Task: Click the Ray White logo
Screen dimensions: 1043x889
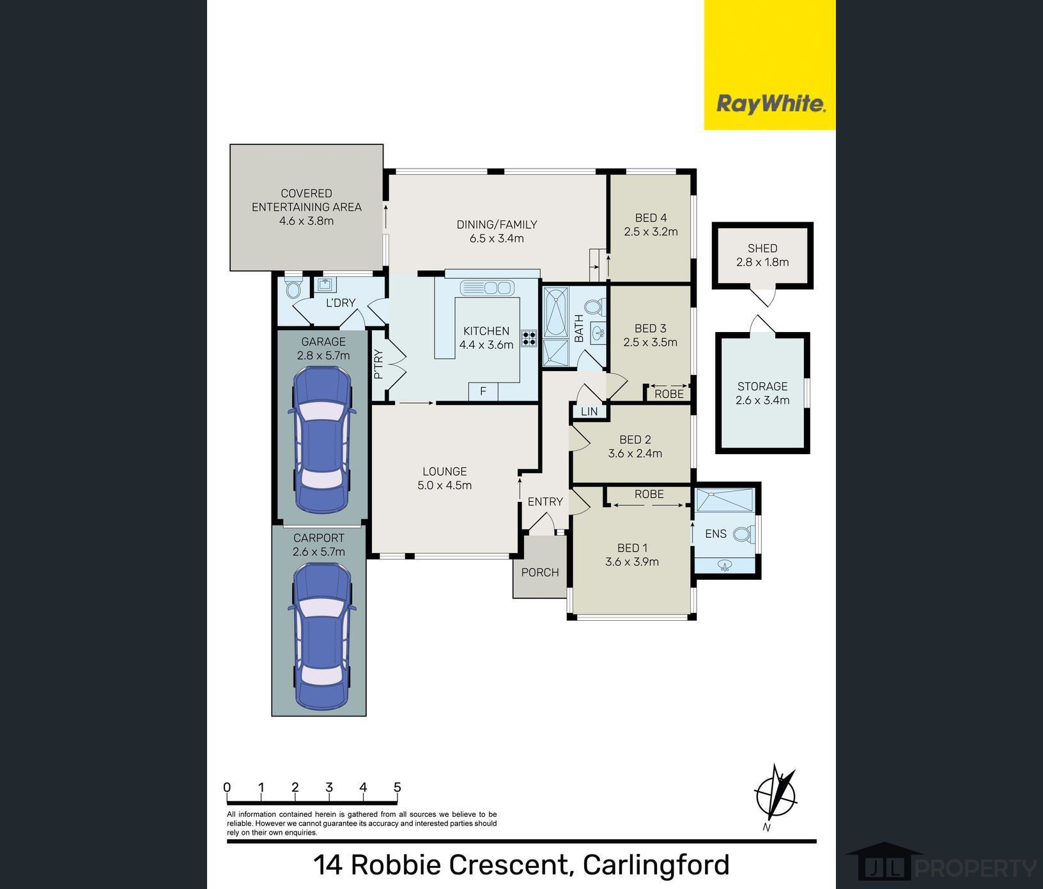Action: point(770,103)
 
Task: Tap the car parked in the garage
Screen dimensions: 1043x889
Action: point(321,441)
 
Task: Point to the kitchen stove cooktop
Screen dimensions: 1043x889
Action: point(529,338)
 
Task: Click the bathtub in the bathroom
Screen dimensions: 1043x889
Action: point(555,312)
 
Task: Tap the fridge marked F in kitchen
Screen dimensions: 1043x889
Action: point(483,391)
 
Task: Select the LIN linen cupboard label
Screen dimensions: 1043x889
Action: point(589,411)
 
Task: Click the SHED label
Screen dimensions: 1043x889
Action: point(762,248)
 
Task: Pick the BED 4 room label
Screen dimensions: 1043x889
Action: point(651,218)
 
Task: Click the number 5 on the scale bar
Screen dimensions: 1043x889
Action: point(397,787)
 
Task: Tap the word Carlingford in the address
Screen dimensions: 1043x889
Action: point(656,865)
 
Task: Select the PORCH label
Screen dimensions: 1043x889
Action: point(540,572)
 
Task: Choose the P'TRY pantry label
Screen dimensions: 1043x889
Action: point(378,364)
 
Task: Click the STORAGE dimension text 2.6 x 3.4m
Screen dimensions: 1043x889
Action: point(762,400)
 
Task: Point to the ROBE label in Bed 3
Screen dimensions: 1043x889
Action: point(669,394)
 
